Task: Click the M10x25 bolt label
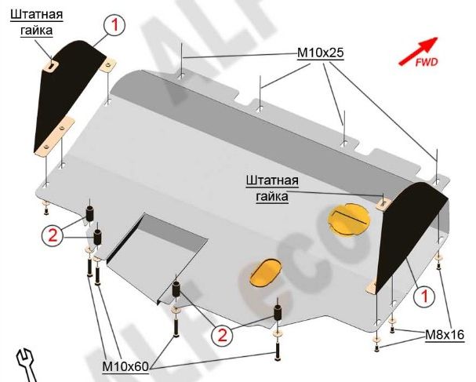320,53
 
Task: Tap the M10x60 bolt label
125,366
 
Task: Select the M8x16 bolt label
445,335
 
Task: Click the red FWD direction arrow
418,51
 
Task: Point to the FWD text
427,63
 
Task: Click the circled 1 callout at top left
114,25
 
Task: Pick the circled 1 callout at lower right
424,295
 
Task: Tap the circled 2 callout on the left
53,235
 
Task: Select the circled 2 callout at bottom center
223,335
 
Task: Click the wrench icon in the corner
26,365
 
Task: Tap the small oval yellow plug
265,272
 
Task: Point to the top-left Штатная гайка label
36,23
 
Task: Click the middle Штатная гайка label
272,188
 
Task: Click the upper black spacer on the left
90,214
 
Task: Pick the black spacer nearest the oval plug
278,312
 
